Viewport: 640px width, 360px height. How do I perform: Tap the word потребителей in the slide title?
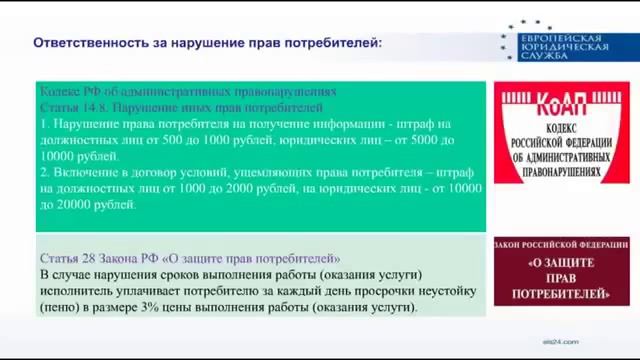[333, 44]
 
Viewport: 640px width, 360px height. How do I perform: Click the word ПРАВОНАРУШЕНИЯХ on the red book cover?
[561, 171]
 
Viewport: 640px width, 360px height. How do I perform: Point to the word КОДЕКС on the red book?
[561, 130]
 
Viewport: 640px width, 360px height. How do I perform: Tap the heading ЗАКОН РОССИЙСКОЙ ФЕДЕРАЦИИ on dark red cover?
[561, 244]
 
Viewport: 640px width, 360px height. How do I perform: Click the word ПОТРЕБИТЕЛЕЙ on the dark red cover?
[561, 294]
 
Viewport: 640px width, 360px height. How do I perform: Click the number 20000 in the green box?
[59, 204]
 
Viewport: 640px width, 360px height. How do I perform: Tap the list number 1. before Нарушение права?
[46, 123]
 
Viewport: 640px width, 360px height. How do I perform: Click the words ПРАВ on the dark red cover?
[561, 279]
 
